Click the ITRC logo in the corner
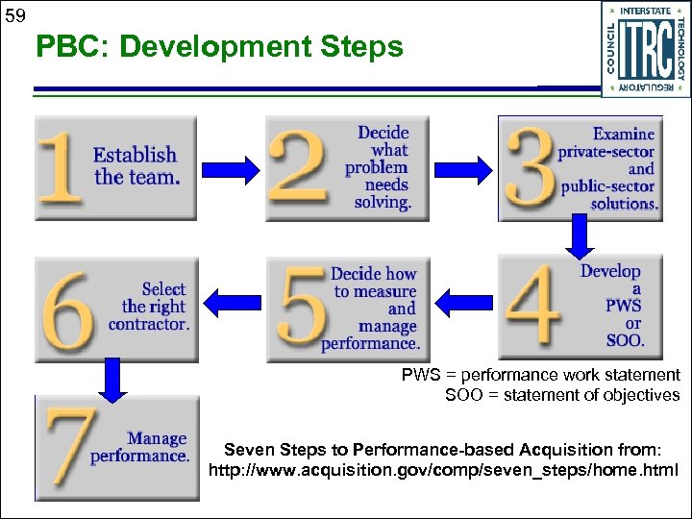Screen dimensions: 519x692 click(646, 48)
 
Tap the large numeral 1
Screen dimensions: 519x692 click(60, 168)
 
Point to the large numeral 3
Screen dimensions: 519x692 click(530, 169)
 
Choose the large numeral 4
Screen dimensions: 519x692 click(533, 307)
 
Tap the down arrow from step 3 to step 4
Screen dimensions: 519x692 click(581, 236)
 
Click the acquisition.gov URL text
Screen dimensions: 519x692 click(443, 471)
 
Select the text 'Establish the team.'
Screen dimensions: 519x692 click(136, 165)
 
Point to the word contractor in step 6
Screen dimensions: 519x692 click(149, 325)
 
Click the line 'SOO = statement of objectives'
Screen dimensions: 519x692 click(562, 395)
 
